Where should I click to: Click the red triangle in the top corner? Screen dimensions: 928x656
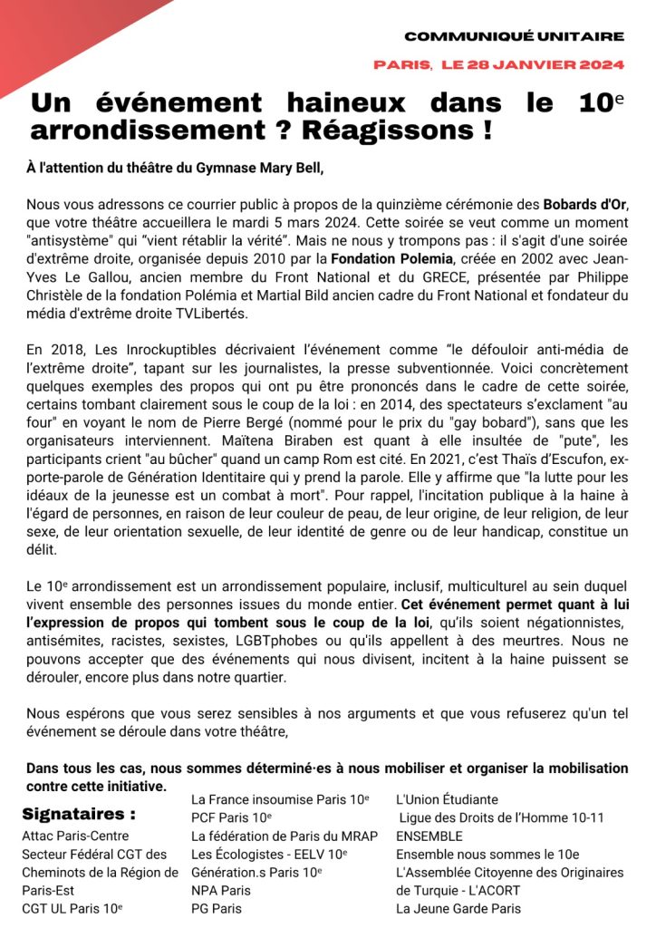(x=54, y=32)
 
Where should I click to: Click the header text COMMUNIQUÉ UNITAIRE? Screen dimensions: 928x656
(x=514, y=37)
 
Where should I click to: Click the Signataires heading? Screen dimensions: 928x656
(x=80, y=813)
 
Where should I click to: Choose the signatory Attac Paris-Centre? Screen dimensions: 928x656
(x=75, y=836)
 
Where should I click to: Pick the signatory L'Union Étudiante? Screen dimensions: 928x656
(x=447, y=799)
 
